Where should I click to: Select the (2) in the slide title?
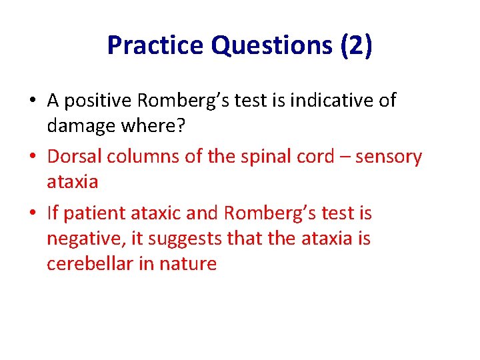[x=356, y=45]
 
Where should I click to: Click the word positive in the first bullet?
[x=99, y=101]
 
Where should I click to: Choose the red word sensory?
[x=389, y=157]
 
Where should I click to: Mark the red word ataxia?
[x=72, y=181]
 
